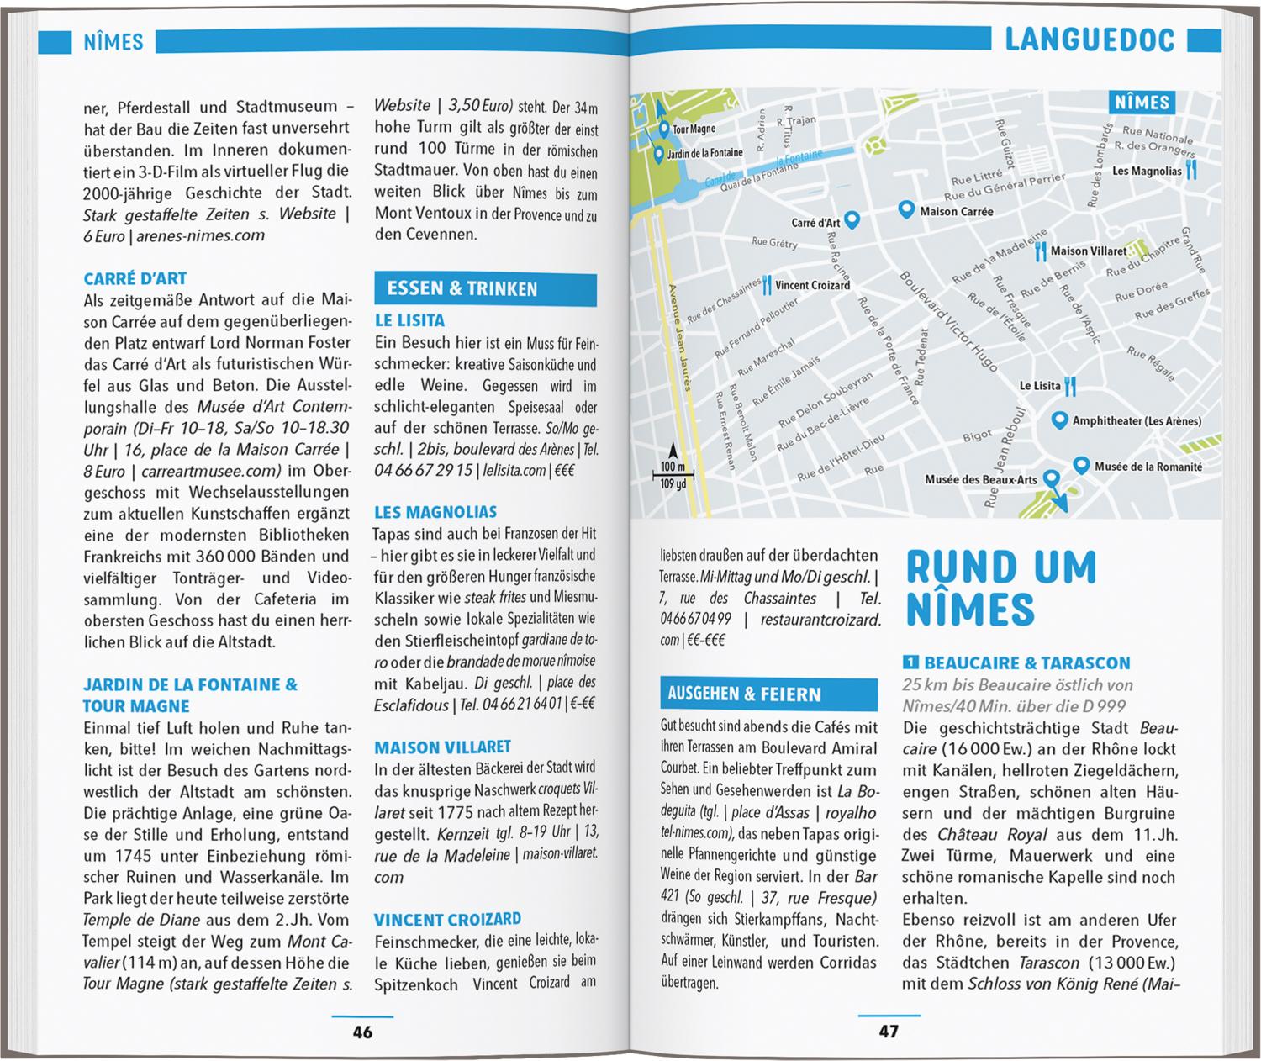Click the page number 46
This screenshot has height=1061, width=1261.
(362, 1032)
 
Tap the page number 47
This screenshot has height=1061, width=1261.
(889, 1031)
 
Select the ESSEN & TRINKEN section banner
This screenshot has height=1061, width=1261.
(485, 289)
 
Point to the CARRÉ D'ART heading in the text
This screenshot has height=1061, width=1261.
(135, 278)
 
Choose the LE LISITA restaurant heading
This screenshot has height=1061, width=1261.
(409, 320)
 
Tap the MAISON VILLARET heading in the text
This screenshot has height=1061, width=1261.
(442, 747)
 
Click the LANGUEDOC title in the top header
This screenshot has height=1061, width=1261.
(1090, 40)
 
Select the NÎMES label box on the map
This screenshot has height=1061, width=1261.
(1142, 103)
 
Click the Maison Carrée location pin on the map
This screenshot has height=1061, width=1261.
(905, 209)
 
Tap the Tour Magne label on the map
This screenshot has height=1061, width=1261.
(694, 129)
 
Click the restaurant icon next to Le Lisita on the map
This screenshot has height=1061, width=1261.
(1070, 386)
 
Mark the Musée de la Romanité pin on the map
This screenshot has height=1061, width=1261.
(1080, 465)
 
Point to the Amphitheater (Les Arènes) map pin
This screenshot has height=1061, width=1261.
(1059, 420)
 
